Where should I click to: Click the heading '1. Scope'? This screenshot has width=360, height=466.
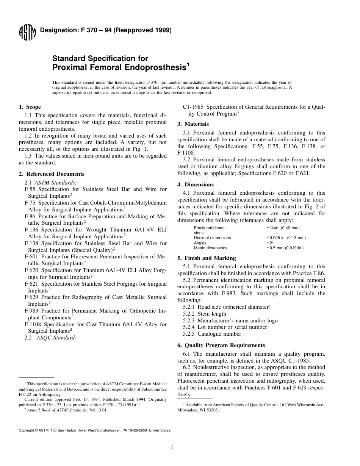(30, 107)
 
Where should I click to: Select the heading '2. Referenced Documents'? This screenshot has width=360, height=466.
(52, 174)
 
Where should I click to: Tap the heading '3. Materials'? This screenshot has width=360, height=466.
(193, 124)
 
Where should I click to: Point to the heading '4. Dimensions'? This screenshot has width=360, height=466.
(196, 185)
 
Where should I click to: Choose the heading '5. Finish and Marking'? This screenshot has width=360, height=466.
(207, 258)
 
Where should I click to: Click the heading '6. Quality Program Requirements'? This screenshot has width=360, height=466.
(221, 345)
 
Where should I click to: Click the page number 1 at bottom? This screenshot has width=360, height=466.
(172, 447)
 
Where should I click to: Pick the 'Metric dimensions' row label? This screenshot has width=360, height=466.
(210, 248)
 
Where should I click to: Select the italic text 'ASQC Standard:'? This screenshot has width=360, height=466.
(56, 337)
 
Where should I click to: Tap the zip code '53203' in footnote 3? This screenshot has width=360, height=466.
(211, 410)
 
